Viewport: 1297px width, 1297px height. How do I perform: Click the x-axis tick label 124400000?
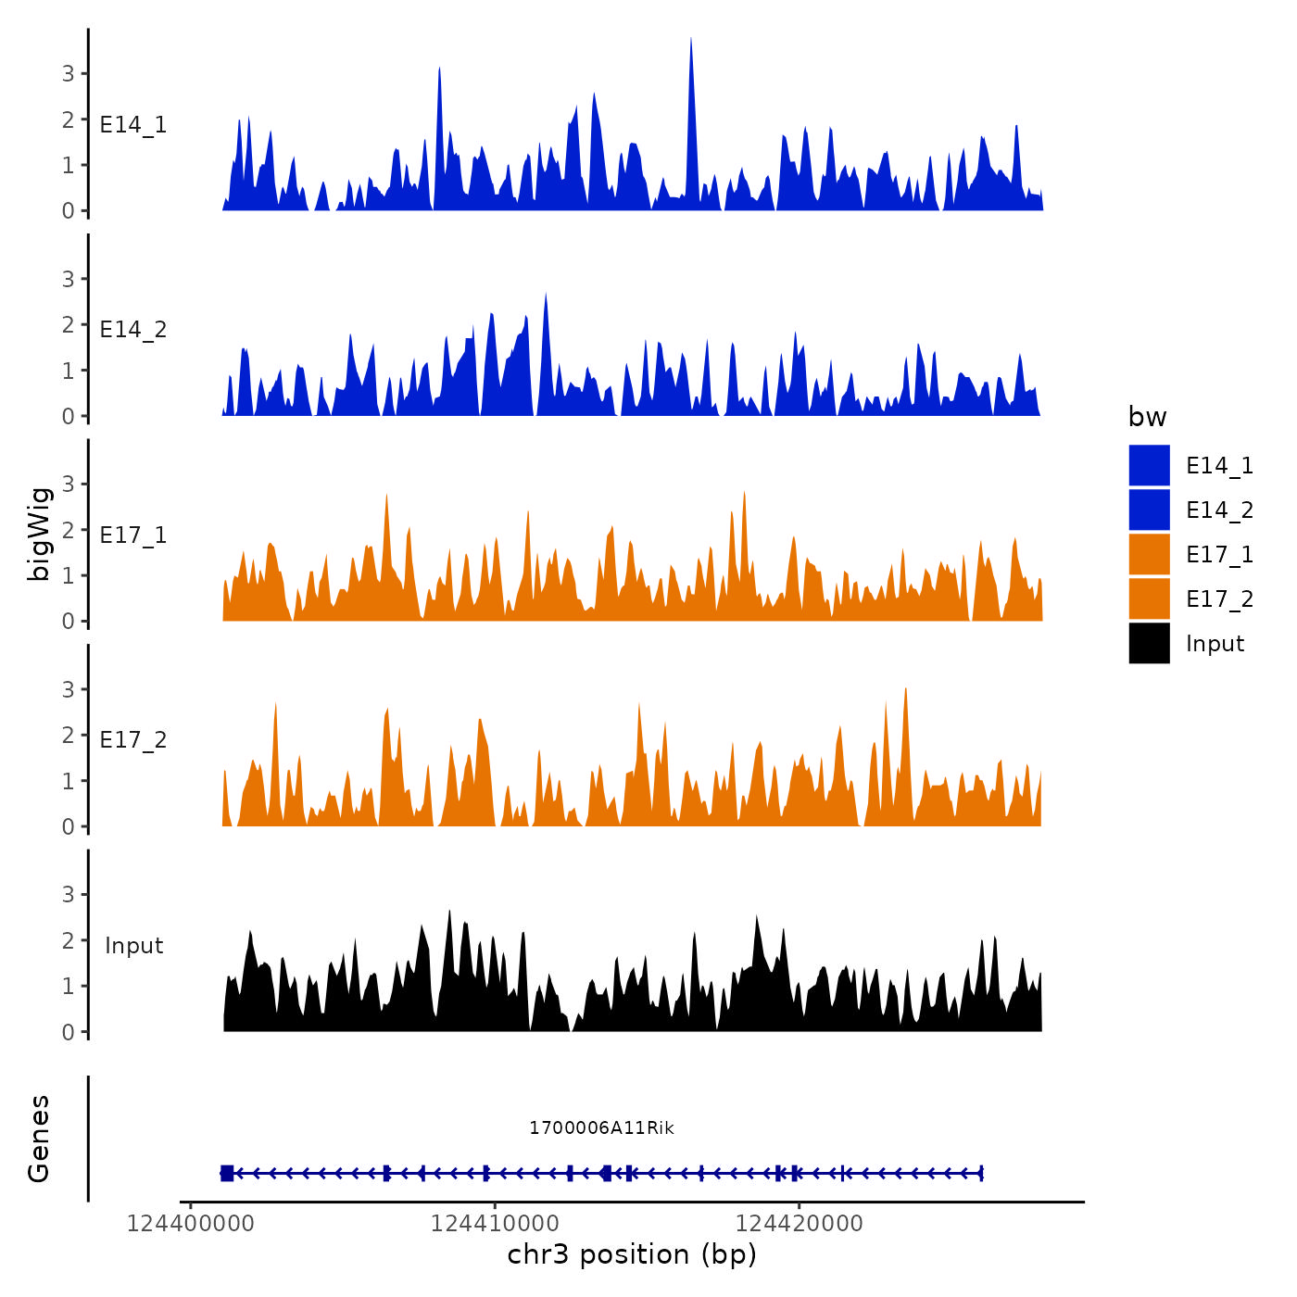pyautogui.click(x=190, y=1224)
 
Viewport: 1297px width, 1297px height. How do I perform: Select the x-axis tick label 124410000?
pyautogui.click(x=495, y=1224)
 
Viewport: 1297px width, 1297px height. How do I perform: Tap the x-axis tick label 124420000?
pyautogui.click(x=799, y=1224)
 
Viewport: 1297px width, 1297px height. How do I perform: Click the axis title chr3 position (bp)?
pyautogui.click(x=632, y=1255)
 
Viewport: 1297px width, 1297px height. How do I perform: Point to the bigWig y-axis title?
pyautogui.click(x=40, y=534)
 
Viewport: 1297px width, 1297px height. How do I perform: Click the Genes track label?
pyautogui.click(x=40, y=1139)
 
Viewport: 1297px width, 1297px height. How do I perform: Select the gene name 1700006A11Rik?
pyautogui.click(x=601, y=1128)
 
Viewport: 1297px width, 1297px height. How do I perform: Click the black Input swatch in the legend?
pyautogui.click(x=1149, y=644)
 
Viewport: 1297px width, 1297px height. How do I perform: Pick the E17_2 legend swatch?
pyautogui.click(x=1149, y=599)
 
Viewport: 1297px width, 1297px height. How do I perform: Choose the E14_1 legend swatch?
pyautogui.click(x=1149, y=465)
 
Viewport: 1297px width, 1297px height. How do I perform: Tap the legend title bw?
pyautogui.click(x=1147, y=418)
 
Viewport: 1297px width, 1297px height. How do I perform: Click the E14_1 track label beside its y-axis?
pyautogui.click(x=133, y=125)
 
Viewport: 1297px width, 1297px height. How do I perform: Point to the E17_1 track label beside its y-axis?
pyautogui.click(x=133, y=535)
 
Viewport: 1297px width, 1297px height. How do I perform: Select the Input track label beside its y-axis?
pyautogui.click(x=133, y=946)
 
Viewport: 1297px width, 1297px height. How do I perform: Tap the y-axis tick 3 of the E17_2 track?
pyautogui.click(x=68, y=689)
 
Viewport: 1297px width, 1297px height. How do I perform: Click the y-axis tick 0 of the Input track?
pyautogui.click(x=68, y=1032)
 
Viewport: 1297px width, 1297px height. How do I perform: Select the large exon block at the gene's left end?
pyautogui.click(x=227, y=1174)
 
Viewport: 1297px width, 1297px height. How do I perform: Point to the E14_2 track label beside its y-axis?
pyautogui.click(x=133, y=330)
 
